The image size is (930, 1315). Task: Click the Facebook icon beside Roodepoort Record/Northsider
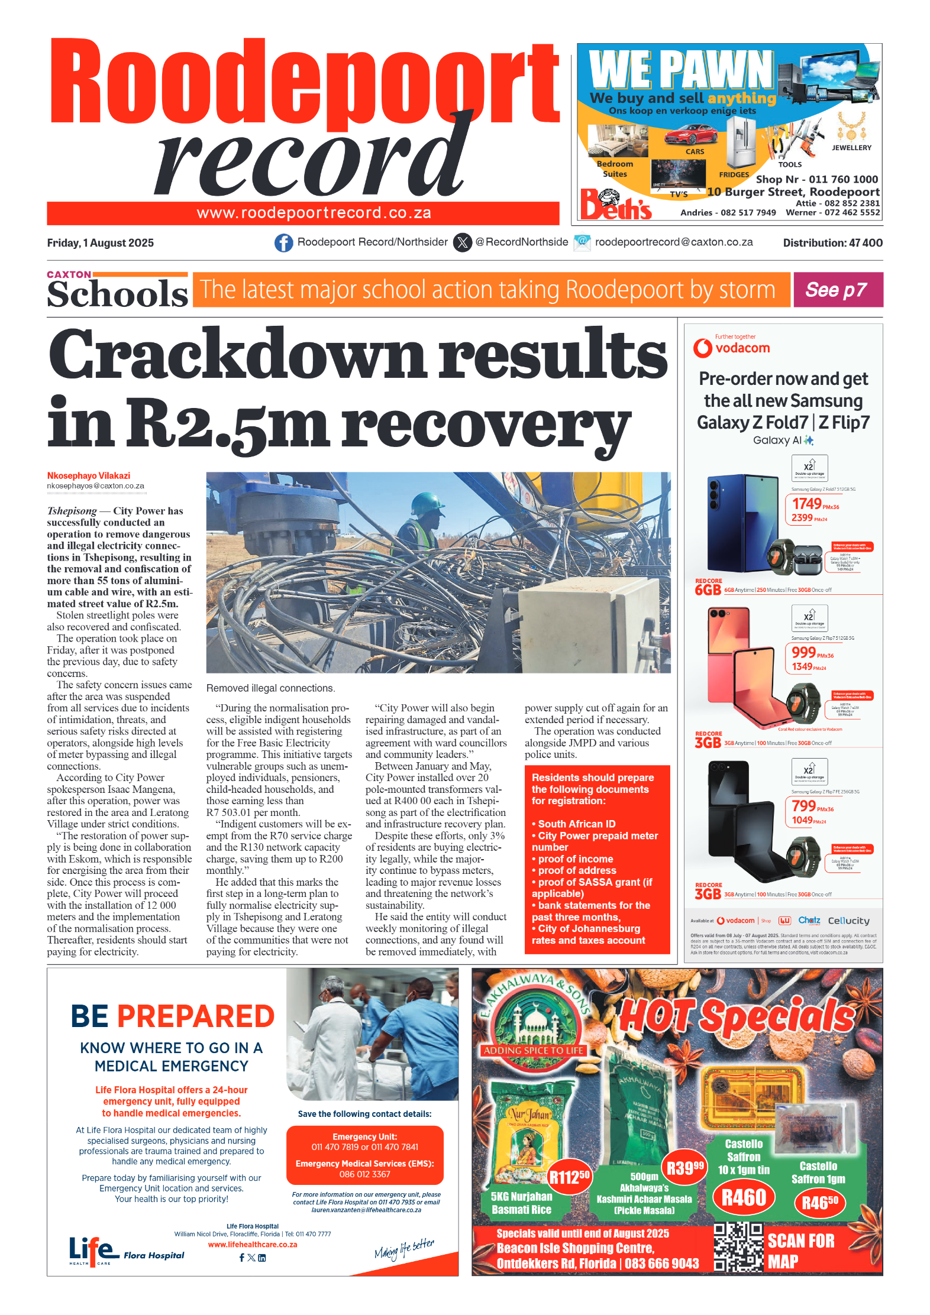pyautogui.click(x=283, y=242)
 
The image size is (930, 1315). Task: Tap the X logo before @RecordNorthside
pyautogui.click(x=462, y=242)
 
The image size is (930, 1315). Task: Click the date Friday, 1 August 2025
pyautogui.click(x=100, y=243)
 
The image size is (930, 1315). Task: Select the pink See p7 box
pyautogui.click(x=837, y=290)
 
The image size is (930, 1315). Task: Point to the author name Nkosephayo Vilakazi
pyautogui.click(x=89, y=475)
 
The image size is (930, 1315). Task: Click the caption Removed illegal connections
pyautogui.click(x=270, y=688)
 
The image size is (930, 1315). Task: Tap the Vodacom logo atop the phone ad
pyautogui.click(x=732, y=347)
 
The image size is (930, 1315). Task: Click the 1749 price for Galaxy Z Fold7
pyautogui.click(x=807, y=503)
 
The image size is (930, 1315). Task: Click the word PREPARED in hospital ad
pyautogui.click(x=196, y=1016)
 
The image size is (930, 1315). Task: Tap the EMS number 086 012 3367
pyautogui.click(x=364, y=1174)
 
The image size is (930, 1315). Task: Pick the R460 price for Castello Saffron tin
pyautogui.click(x=744, y=1197)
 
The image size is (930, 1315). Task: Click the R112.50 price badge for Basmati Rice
pyautogui.click(x=569, y=1177)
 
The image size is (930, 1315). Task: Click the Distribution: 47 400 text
pyautogui.click(x=832, y=243)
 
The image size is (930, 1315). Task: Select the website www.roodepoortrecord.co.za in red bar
pyautogui.click(x=314, y=213)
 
